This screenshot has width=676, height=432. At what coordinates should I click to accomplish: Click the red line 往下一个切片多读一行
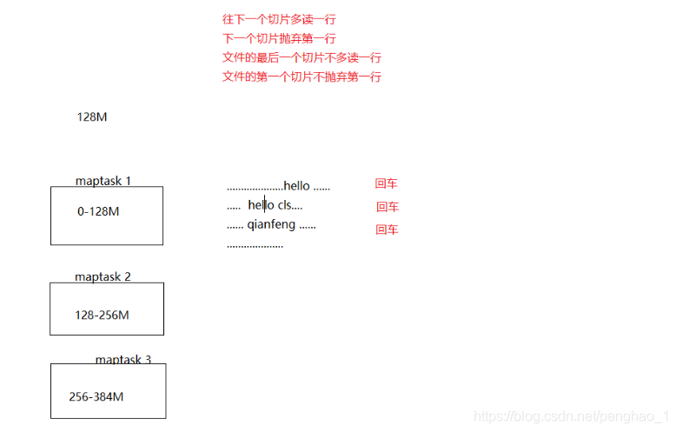pos(278,18)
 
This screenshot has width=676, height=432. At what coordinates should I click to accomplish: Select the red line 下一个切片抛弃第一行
pos(278,38)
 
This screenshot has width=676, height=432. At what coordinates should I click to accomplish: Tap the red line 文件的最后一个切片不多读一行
pos(302,57)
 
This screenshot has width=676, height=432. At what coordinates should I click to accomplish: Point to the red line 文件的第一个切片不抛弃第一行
pos(302,76)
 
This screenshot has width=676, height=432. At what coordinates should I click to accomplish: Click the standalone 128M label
pos(92,116)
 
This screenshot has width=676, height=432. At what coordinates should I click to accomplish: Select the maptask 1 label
pos(103,181)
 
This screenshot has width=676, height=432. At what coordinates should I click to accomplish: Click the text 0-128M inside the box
pos(98,211)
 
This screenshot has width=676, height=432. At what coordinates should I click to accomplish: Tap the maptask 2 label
pos(103,276)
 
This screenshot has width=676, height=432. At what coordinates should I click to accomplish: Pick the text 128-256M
pos(102,316)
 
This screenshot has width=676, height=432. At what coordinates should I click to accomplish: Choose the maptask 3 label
pos(123,359)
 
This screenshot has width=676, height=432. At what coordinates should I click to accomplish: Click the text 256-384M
pos(96,397)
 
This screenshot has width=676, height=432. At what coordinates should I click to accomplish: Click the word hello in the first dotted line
pos(296,185)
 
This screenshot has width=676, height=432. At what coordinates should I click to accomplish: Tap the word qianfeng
pos(271,225)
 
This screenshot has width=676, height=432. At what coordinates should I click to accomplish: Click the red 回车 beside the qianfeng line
pos(388,229)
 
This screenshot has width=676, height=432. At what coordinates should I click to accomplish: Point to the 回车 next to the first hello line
pos(387,183)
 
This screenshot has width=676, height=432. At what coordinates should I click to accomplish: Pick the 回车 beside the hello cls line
pos(388,207)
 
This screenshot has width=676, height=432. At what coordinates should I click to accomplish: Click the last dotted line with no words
pos(255,246)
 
